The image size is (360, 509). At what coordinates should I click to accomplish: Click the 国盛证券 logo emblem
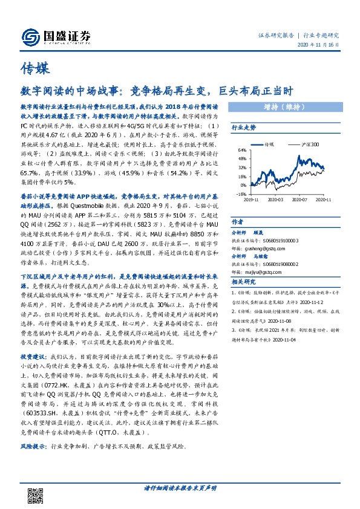(30, 37)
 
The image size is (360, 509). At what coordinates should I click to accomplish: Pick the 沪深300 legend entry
(311, 146)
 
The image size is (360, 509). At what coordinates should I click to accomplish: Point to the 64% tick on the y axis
(241, 150)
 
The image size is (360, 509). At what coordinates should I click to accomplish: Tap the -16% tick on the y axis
(241, 194)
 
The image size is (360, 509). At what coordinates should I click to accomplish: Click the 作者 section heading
(238, 222)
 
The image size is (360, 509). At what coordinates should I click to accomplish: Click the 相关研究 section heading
(244, 281)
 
